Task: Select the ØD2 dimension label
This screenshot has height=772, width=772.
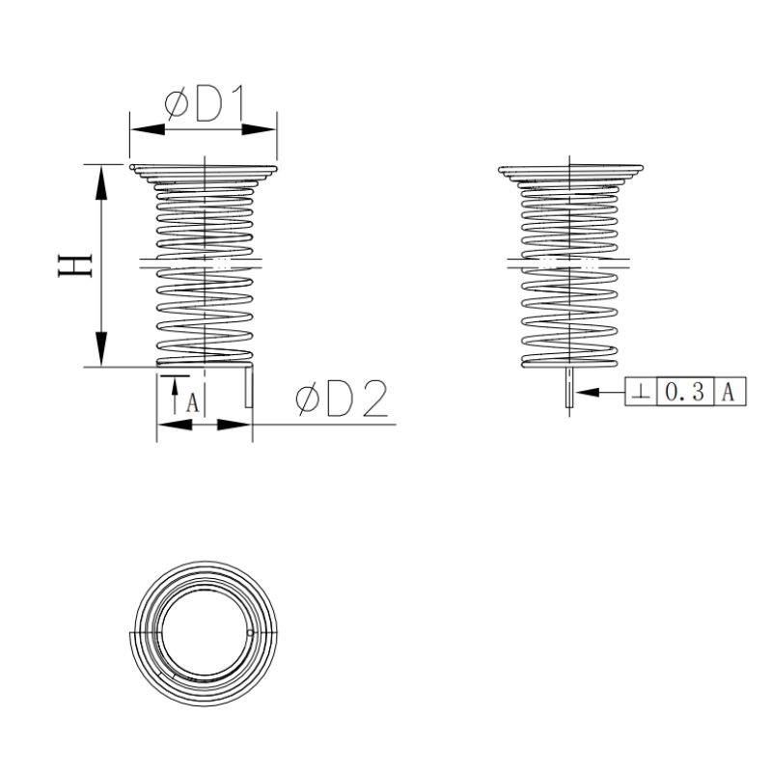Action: pyautogui.click(x=342, y=400)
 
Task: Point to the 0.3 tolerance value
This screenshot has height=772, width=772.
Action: pyautogui.click(x=684, y=392)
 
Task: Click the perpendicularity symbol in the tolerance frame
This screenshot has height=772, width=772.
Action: pyautogui.click(x=641, y=393)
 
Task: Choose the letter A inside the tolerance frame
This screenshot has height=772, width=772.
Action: pyautogui.click(x=730, y=392)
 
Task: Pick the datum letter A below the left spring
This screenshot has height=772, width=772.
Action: pyautogui.click(x=192, y=401)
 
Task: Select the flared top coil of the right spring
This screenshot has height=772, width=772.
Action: pyautogui.click(x=570, y=173)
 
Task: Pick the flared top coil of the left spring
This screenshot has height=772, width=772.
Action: pyautogui.click(x=204, y=173)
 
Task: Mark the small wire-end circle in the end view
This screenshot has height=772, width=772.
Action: pyautogui.click(x=250, y=634)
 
